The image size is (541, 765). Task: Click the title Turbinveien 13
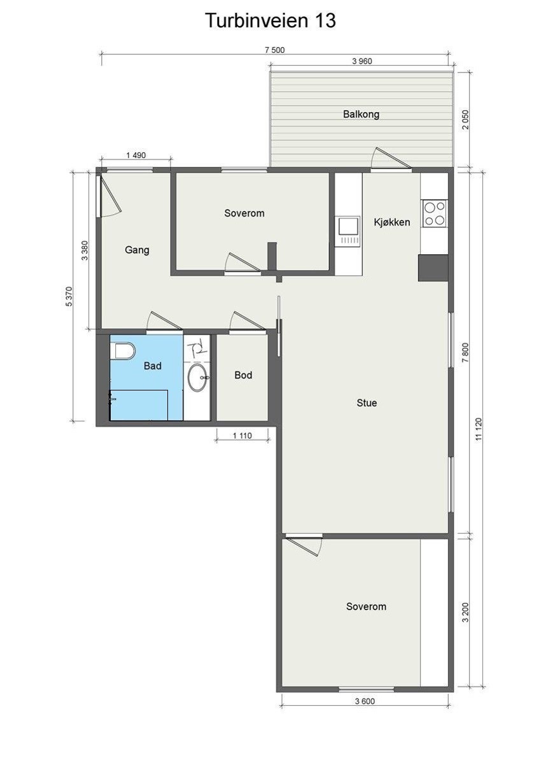click(x=270, y=20)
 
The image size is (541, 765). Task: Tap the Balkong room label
click(x=361, y=115)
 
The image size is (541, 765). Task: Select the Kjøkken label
click(x=391, y=222)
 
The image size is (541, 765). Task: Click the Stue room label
click(x=367, y=403)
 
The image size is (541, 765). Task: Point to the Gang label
click(x=137, y=250)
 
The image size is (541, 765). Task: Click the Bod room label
click(x=243, y=375)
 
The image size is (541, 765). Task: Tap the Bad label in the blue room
click(x=152, y=366)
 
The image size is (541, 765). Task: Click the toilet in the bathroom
click(x=123, y=351)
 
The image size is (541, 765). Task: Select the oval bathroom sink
click(x=197, y=378)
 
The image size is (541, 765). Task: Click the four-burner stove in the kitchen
click(x=435, y=213)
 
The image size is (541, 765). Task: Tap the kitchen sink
click(x=349, y=227)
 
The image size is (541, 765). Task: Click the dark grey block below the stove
click(x=433, y=268)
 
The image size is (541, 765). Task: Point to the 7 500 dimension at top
click(x=274, y=50)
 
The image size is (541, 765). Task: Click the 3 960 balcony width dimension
click(x=361, y=62)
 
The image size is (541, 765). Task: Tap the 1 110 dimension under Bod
click(x=243, y=435)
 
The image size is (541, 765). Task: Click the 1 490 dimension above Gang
click(x=136, y=155)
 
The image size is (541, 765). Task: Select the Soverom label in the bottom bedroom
click(x=366, y=606)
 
